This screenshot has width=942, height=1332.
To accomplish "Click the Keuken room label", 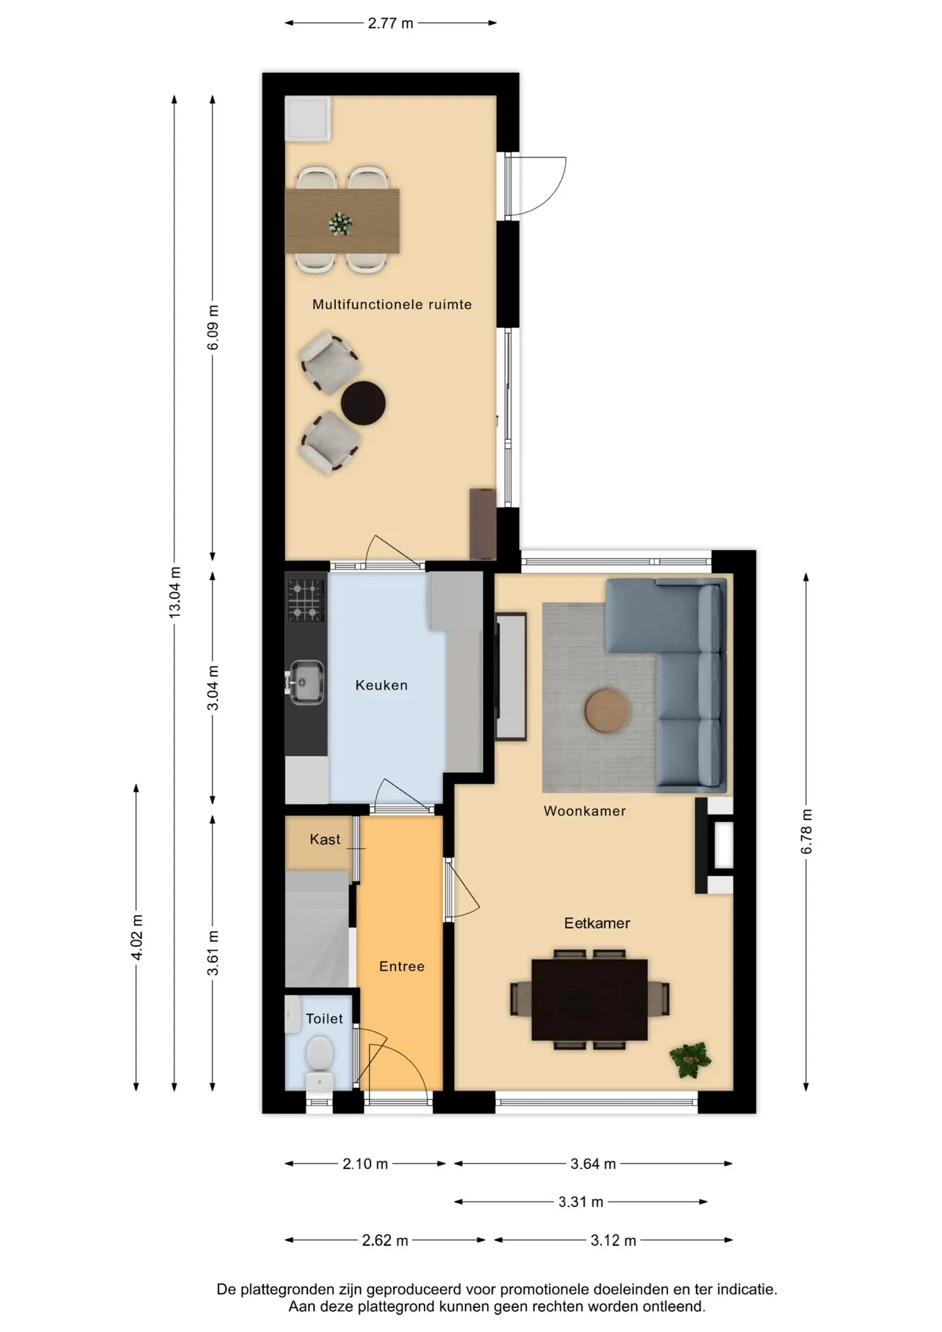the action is pos(381,685).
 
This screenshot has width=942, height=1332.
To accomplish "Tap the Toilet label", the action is pos(324,1018).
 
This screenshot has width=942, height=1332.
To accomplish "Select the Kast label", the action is pos(325,839).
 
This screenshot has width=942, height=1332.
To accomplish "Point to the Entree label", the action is pos(402,966).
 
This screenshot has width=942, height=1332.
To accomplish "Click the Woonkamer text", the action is pos(585,811).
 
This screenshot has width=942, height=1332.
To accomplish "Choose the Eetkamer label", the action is pos(597,923).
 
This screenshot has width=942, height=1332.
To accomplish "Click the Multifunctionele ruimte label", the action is pos(392,305).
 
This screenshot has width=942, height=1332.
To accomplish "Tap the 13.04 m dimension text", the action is pos(175,592).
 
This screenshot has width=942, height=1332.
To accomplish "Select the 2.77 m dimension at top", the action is pos(391,24).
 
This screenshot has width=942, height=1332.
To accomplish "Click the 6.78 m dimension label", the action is pos(806,832).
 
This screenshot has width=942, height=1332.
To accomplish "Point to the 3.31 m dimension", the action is pos(581,1202).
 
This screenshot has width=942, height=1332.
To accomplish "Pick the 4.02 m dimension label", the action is pos(137,938).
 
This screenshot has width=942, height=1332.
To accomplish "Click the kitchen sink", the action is pos(305,682).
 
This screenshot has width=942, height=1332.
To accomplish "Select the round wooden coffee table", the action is pos(607,710).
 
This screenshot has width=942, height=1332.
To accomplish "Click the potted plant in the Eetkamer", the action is pos(690,1059).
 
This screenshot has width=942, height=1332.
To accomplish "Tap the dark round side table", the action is pos(363,403).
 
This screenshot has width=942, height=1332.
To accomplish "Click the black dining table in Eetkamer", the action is pos(590,1000).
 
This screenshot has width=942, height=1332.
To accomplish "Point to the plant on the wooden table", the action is pos(341,224).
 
